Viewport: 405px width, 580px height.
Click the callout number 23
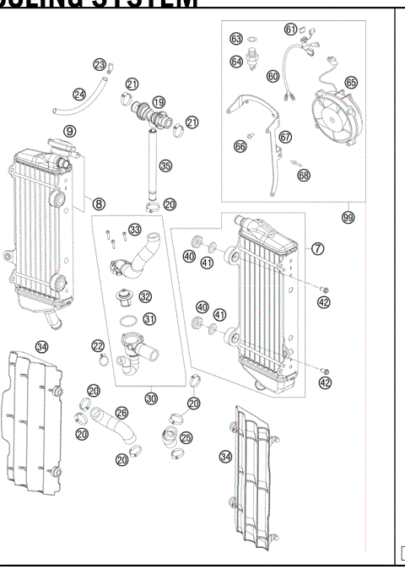[x=100, y=65]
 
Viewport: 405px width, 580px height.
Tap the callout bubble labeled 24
[x=79, y=95]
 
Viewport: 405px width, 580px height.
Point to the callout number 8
[x=100, y=203]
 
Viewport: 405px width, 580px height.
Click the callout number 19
[x=159, y=101]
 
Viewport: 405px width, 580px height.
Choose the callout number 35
[x=165, y=165]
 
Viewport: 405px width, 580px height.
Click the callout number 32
[x=146, y=296]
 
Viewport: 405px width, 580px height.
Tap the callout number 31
[x=149, y=319]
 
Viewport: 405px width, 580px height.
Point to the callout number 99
[x=347, y=217]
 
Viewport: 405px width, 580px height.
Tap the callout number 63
[x=237, y=39]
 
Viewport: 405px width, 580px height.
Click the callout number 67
[x=284, y=137]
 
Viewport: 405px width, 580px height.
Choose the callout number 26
[x=121, y=413]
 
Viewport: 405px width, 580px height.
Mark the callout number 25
[x=186, y=438]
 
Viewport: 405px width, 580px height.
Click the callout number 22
[x=99, y=345]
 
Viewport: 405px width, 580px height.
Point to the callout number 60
[x=273, y=75]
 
